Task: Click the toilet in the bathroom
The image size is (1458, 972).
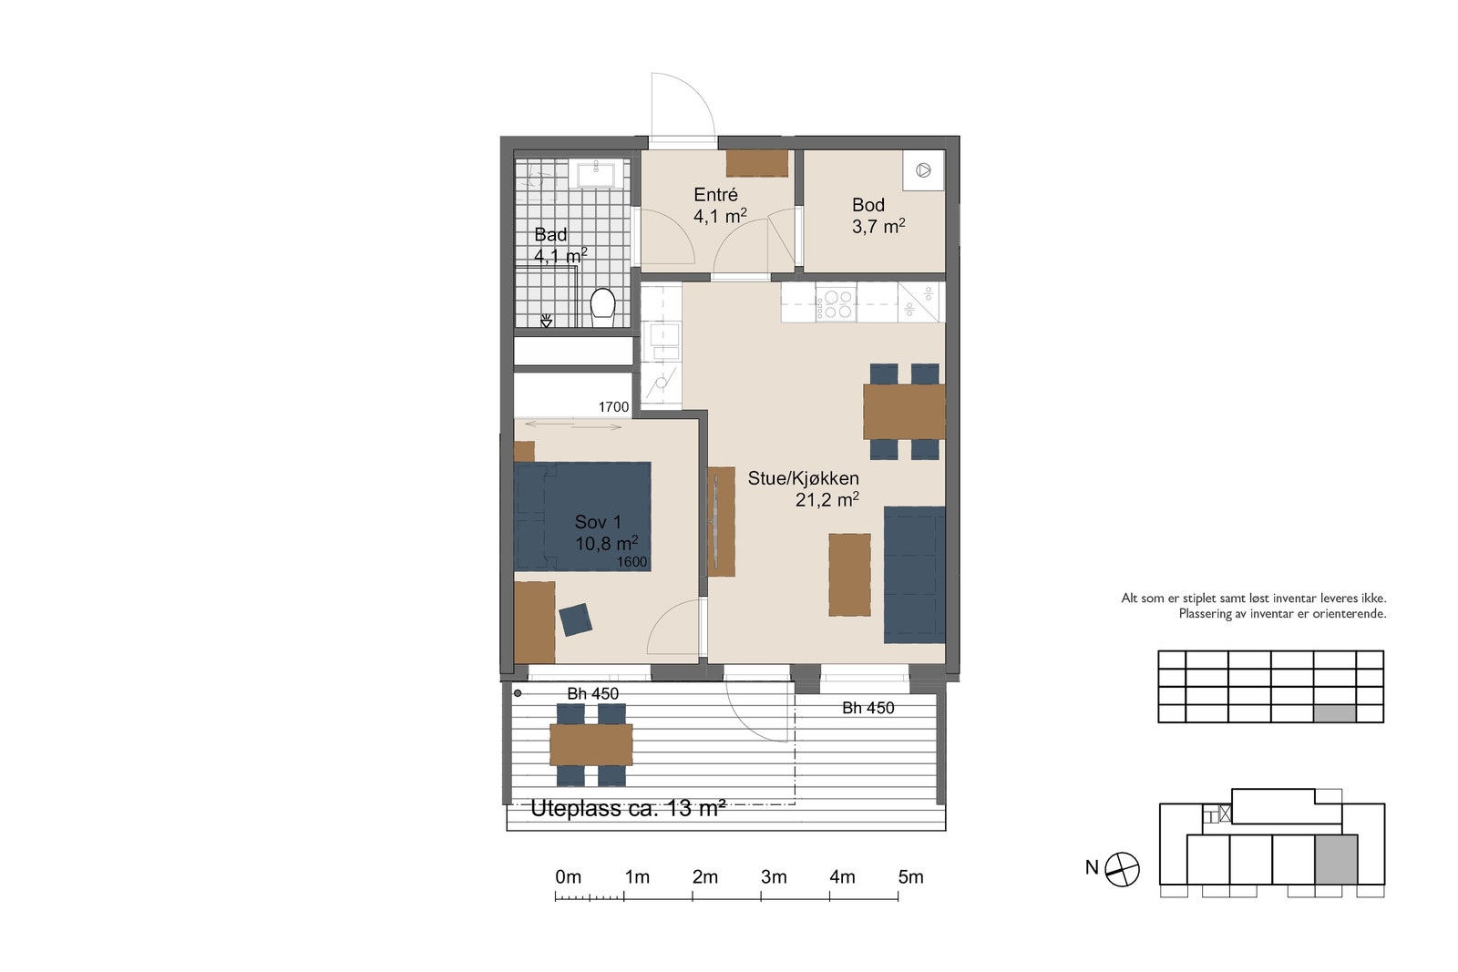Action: pos(602,307)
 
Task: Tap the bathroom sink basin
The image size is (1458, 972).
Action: pos(596,174)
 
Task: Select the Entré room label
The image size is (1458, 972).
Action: pos(715,195)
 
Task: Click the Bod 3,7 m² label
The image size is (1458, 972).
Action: pos(878,215)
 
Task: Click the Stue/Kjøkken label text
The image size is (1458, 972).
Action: pos(803,478)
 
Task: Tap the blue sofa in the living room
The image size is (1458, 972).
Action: pos(914,575)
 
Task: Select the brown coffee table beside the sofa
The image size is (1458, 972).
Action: pos(849,575)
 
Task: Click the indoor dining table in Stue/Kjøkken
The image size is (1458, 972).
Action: pos(904,412)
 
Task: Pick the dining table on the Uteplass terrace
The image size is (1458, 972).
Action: pos(591,745)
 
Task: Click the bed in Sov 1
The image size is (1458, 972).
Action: pos(582,517)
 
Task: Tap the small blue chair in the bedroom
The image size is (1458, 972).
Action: pos(576,619)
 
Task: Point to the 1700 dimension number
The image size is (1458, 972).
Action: pos(614,407)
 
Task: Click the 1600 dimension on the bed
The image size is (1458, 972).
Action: pos(632,562)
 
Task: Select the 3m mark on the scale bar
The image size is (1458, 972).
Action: pos(774,877)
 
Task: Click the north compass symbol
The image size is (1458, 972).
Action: pos(1122,869)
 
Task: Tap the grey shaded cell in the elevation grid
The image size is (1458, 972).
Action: pos(1334,713)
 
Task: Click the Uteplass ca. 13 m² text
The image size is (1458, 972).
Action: pos(628,809)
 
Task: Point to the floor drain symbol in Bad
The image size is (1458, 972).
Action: pos(546,320)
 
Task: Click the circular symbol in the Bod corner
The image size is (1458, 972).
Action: pos(923,170)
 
